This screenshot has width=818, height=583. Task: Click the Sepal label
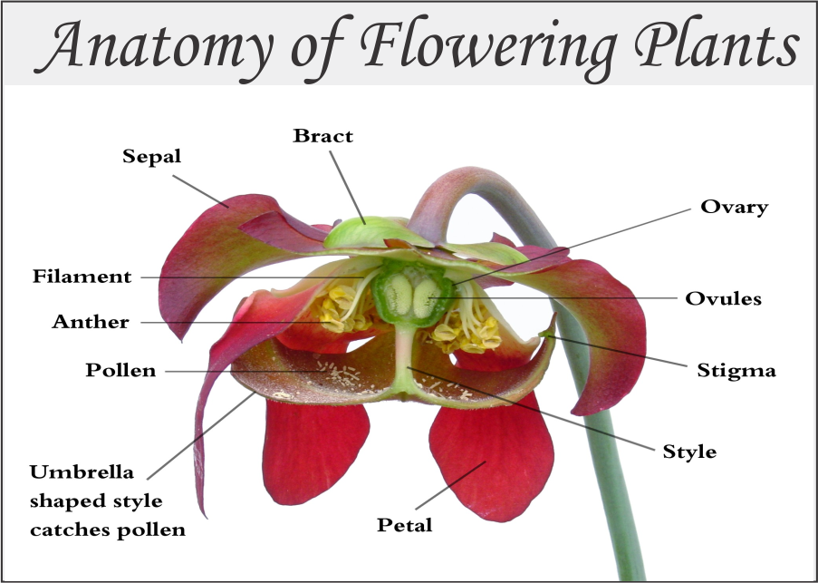(151, 156)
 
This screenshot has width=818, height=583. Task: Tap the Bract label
(322, 136)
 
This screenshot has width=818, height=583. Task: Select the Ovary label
(734, 207)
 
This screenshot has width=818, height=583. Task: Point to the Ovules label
(723, 297)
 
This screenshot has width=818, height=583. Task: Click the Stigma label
(736, 370)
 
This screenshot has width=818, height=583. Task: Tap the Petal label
(404, 524)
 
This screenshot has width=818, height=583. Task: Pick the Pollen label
(120, 370)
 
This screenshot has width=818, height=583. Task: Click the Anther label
(91, 321)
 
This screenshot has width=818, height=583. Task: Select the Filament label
(82, 276)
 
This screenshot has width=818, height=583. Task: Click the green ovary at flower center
(405, 295)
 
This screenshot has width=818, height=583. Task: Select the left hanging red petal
(313, 449)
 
